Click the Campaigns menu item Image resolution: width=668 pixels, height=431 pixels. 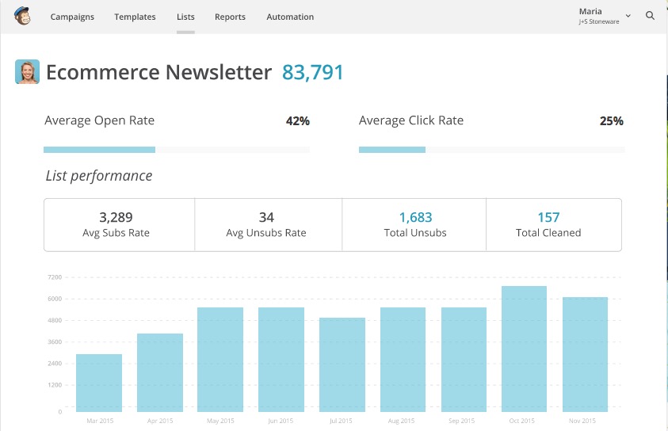72,17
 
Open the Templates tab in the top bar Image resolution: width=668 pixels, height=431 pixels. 135,17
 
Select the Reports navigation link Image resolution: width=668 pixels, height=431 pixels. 230,17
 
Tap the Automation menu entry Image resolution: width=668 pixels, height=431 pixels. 290,17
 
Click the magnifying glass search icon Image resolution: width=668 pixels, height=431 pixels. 650,16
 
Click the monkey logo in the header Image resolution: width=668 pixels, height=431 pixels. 22,16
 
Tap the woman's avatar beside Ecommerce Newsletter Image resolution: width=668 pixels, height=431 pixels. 27,71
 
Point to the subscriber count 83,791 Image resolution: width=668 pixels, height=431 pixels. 312,72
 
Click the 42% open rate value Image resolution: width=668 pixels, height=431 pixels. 298,121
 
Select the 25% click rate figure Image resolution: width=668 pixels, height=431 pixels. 611,121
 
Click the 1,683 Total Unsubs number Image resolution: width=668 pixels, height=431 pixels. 415,218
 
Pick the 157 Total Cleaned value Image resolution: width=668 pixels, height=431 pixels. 548,218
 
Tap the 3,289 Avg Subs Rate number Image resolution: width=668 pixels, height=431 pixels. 116,218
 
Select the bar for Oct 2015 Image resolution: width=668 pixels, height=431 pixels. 524,349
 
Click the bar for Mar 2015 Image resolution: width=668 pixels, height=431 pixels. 99,383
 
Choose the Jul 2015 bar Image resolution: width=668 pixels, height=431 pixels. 342,364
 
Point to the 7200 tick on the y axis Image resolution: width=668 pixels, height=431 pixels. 55,277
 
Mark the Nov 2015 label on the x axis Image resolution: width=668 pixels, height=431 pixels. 582,421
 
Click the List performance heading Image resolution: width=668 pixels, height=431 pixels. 99,175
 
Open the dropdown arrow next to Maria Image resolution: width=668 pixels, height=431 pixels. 628,16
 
